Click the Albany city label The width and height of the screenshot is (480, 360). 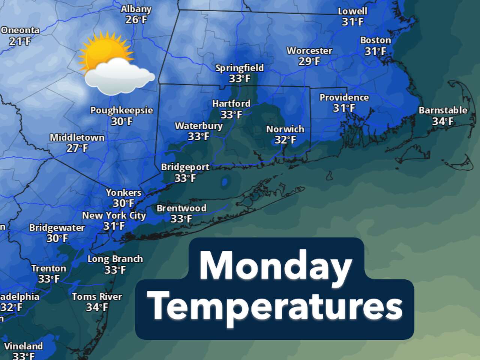coord(136,9)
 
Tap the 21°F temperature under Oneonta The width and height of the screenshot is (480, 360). coord(20,41)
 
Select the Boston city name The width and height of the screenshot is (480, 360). coord(375,40)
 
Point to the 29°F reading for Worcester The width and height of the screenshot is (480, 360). coord(309,61)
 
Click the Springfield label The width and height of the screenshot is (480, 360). coord(240,68)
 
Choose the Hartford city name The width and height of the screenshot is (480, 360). coord(231,103)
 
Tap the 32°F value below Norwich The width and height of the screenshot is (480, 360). coord(285,140)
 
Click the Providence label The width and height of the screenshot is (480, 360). coord(344,97)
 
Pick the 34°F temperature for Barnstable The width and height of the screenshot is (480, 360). coord(443,121)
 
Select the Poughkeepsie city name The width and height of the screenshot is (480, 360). coord(121,111)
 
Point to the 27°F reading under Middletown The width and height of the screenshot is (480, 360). coord(77,148)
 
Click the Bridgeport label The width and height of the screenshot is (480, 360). coord(185,167)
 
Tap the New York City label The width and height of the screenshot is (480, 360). coord(114,216)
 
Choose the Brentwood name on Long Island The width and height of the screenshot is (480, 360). coord(181,208)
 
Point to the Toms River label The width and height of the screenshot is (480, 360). coord(97,297)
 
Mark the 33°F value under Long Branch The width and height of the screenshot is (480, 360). coord(115,270)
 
